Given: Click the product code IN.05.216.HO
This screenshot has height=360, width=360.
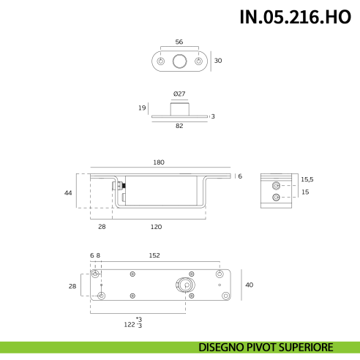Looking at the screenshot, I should coord(295,18).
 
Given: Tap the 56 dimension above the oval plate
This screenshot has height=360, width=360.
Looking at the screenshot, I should coord(179,42).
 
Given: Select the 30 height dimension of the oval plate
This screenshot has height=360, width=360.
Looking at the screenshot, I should coord(217,61).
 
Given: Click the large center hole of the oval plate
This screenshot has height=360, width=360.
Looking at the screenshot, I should coord(179,61).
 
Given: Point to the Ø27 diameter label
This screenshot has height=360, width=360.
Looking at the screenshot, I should coord(179,94).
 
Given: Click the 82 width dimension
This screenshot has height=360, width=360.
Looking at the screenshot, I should coord(179,127).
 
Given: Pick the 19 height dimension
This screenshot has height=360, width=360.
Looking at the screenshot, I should coord(142,108).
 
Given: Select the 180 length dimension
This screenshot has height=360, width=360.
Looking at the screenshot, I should coord(159,162).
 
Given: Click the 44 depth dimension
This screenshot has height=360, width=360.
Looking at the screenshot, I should coord(68,192).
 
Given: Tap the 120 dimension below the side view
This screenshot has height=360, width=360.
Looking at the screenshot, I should coord(156,227).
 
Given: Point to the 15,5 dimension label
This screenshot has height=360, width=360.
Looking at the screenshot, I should coord(307,179).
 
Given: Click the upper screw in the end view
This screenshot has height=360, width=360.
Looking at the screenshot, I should coord(275,185).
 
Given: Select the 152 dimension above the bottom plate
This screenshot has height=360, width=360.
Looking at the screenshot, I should coord(154,255).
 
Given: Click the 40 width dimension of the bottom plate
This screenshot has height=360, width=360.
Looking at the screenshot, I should coord(248,285).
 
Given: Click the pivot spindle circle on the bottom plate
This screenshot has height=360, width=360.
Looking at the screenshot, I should coord(185,285).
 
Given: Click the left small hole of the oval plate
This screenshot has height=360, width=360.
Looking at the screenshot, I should coord(161,61).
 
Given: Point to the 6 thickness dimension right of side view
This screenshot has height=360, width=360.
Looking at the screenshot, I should coord(239,176).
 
